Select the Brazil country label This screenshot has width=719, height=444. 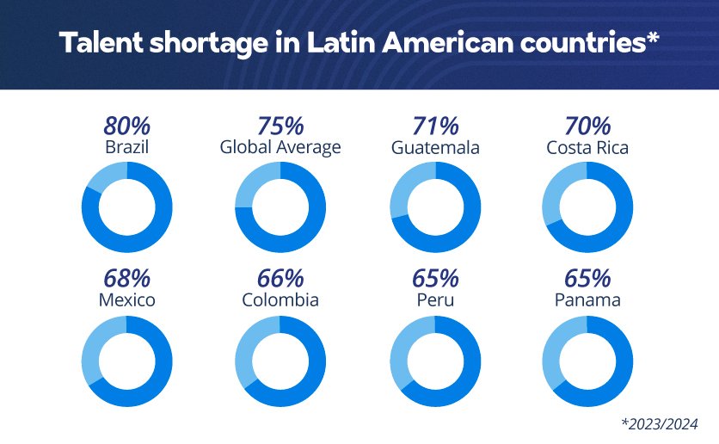point(126,147)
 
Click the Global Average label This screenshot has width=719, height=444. point(280,147)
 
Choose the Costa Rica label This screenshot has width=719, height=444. point(587,147)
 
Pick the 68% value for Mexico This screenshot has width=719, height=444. point(126,279)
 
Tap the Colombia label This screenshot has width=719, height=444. point(280,300)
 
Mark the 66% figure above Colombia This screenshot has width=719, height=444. point(280,279)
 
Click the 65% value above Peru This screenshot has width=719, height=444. point(435,279)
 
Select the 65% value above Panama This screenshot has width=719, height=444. point(587,279)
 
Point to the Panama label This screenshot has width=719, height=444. point(587,300)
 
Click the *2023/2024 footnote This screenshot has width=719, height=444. point(657,423)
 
